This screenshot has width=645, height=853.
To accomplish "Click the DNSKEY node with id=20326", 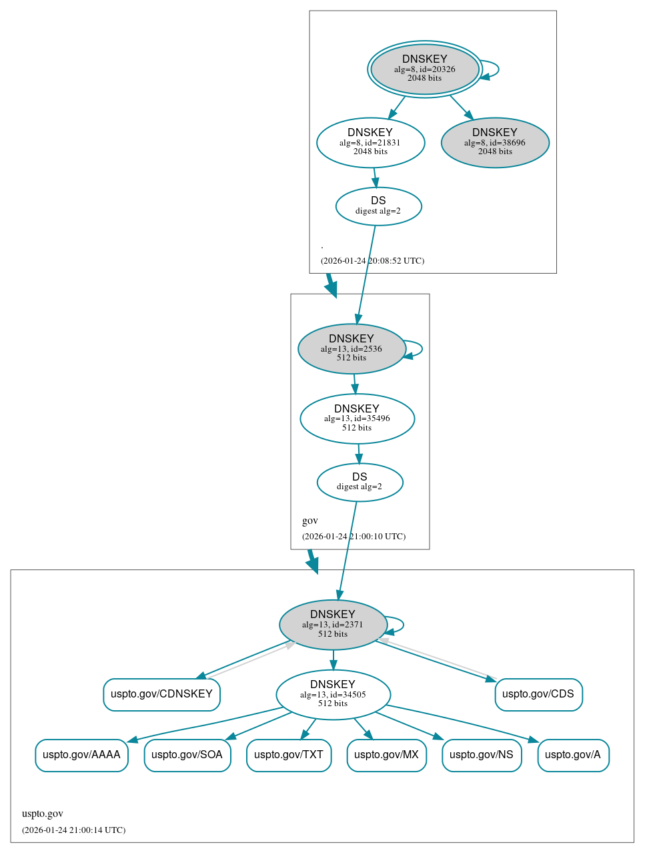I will coord(425,69).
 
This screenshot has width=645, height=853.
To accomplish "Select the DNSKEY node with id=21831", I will coord(370,142).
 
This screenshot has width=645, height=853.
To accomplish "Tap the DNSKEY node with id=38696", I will coord(495,142).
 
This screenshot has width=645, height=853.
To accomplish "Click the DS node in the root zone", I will coord(378,206).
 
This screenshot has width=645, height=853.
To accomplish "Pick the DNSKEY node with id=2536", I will coord(352,348).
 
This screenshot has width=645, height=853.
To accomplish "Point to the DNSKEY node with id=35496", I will coord(357,418).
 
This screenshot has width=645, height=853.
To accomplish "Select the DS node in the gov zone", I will coord(360,482).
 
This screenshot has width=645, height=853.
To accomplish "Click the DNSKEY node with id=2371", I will coord(333,625).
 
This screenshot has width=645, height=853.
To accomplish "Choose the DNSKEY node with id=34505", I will coord(333,694).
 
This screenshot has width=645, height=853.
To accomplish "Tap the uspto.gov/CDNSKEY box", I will coord(161,694).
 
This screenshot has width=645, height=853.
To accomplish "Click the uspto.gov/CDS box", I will coord(538,694).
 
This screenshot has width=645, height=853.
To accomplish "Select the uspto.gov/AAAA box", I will coord(81,755).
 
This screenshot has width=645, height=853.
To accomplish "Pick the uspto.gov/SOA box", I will coord(187,755).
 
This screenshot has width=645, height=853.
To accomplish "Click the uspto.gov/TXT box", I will coord(289,755).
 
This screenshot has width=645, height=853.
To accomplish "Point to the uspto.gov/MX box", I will coord(386,755).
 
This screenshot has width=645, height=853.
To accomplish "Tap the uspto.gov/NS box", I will coord(482,755).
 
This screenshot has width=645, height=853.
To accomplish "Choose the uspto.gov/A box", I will coord(573,755).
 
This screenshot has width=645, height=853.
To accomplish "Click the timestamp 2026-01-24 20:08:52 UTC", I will coord(372,261).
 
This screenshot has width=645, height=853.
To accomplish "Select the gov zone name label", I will coord(310,521).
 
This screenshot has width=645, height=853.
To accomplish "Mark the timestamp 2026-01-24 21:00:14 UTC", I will coord(73,830).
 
